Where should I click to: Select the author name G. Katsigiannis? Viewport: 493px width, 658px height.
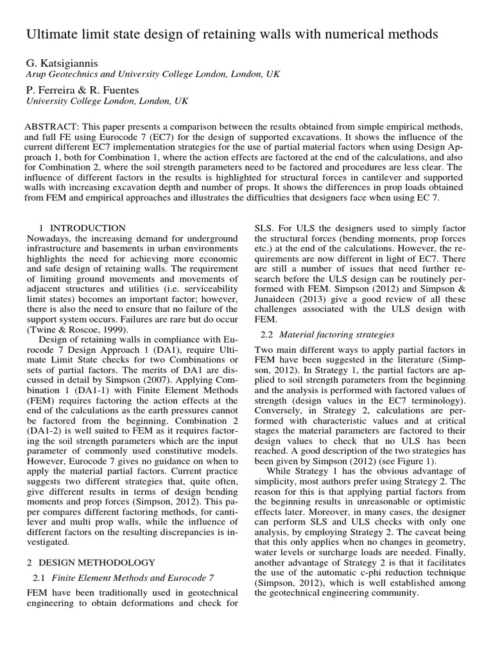pyautogui.click(x=64, y=63)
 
